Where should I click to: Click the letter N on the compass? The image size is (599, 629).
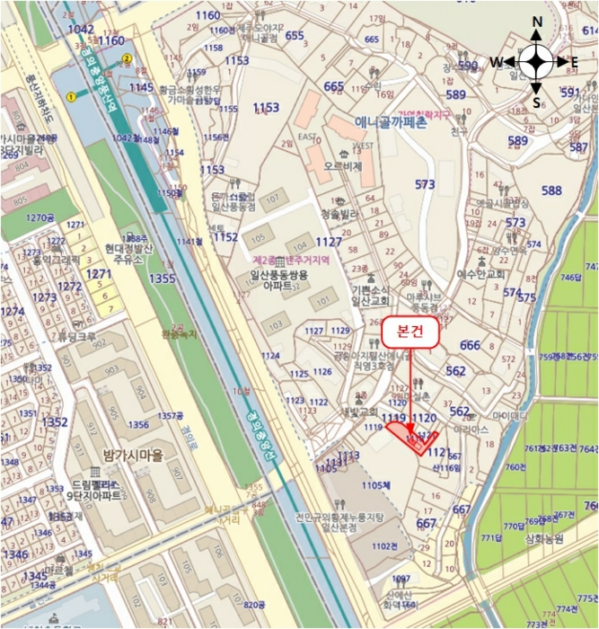pyautogui.click(x=536, y=22)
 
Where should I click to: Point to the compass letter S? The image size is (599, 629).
pyautogui.click(x=536, y=101)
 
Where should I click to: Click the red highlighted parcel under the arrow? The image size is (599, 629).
pyautogui.click(x=410, y=439)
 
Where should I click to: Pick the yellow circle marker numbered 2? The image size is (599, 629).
pyautogui.click(x=128, y=59)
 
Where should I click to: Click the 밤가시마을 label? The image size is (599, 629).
pyautogui.click(x=133, y=456)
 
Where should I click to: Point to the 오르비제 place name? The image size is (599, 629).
pyautogui.click(x=343, y=166)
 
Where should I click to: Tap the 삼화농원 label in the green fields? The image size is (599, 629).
pyautogui.click(x=545, y=541)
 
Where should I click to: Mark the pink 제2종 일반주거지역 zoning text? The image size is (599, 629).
pyautogui.click(x=290, y=258)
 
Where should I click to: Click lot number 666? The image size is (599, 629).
pyautogui.click(x=470, y=346)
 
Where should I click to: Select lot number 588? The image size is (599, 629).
pyautogui.click(x=551, y=190)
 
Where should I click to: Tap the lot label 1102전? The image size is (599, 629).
pyautogui.click(x=383, y=545)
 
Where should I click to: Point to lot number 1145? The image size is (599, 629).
pyautogui.click(x=142, y=87)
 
